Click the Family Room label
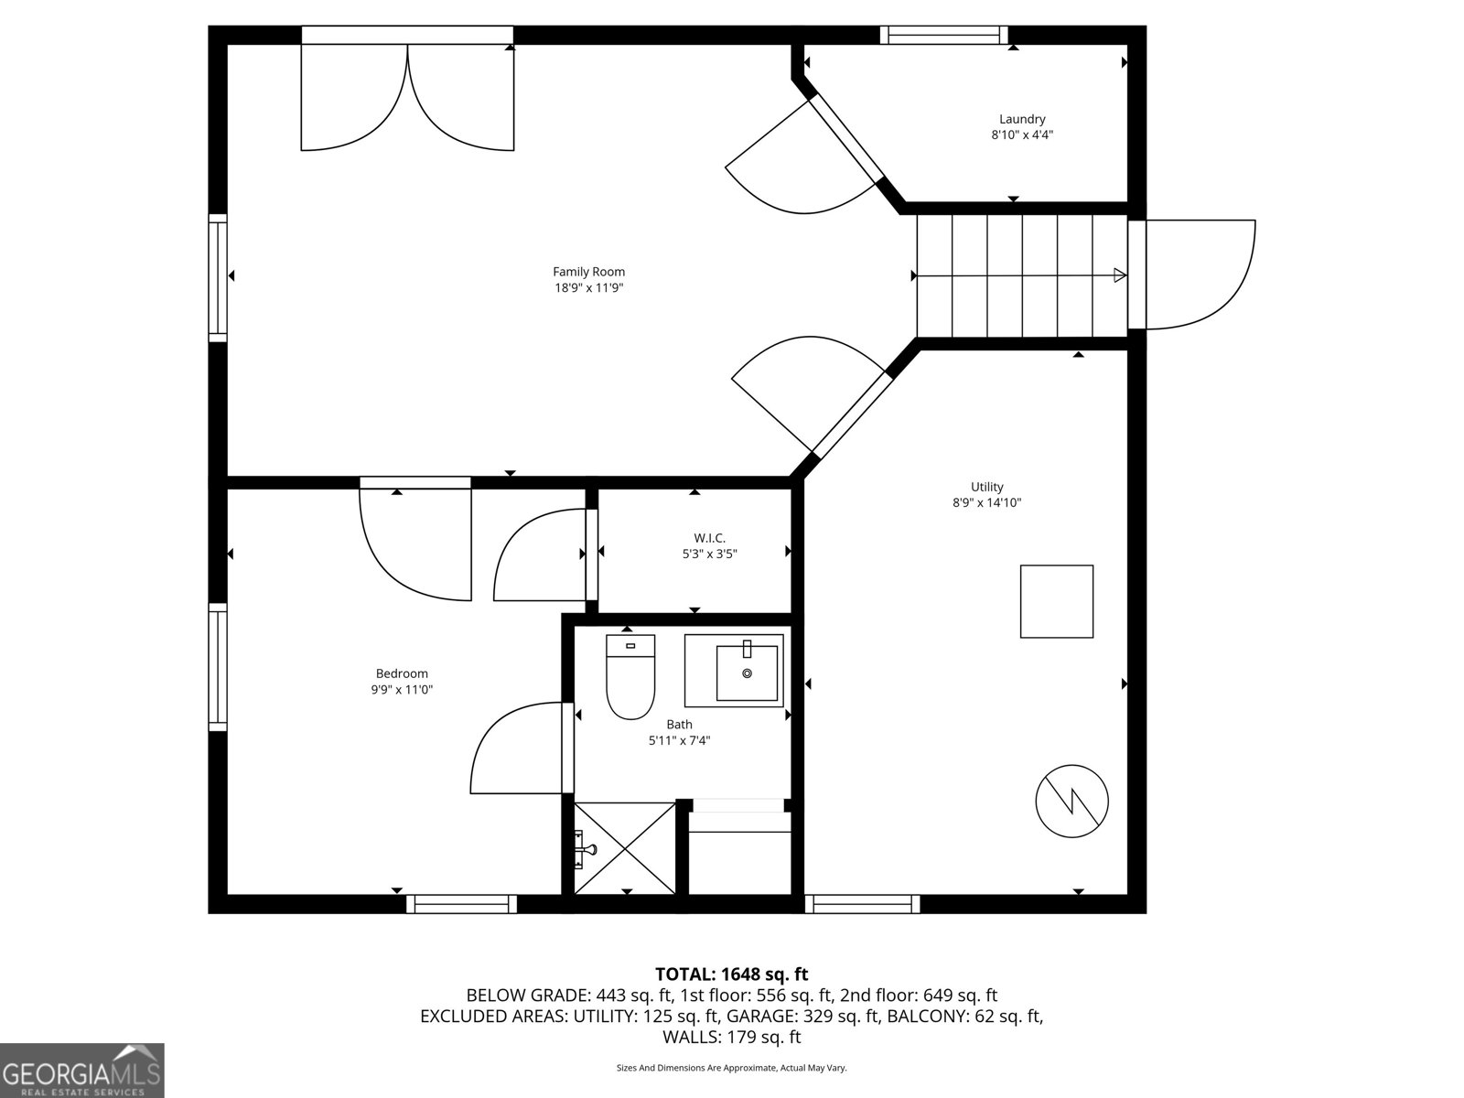click(x=588, y=272)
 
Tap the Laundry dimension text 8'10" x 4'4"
click(x=1022, y=135)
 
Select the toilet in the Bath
click(x=630, y=677)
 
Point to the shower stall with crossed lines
click(x=625, y=847)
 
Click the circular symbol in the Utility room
click(x=1071, y=801)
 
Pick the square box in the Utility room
click(x=1057, y=601)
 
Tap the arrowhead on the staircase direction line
click(x=1119, y=275)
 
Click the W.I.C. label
click(x=709, y=538)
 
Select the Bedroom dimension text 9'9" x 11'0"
click(x=402, y=690)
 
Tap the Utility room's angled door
click(x=810, y=393)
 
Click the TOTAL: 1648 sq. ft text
click(x=731, y=974)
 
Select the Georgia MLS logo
click(x=81, y=1070)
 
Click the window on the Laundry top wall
click(x=943, y=36)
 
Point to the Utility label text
click(x=986, y=487)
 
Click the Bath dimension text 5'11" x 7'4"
click(x=679, y=741)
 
